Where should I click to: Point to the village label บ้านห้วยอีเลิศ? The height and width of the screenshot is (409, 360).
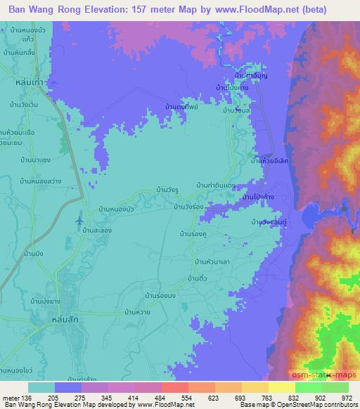[x=270, y=161]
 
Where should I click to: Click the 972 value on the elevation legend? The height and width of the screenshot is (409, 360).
[x=347, y=397]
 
